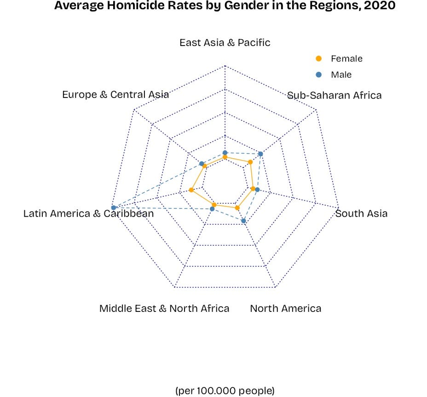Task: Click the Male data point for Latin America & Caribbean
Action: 114,207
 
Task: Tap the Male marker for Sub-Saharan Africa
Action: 260,154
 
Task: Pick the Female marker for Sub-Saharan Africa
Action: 250,162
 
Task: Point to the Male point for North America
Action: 244,221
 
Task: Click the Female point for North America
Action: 237,208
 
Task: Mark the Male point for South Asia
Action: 257,190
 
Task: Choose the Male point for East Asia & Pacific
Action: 225,152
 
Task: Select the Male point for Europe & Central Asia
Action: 201,163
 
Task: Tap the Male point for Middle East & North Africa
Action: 212,209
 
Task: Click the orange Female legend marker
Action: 319,58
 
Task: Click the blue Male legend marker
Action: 319,75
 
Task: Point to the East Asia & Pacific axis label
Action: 225,43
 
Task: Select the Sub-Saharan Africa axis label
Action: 335,95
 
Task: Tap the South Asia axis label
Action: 362,213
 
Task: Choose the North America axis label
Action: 286,308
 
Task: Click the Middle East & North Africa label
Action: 164,308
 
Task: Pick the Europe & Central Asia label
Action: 115,94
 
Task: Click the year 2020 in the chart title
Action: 380,6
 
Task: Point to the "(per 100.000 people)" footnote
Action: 225,391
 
